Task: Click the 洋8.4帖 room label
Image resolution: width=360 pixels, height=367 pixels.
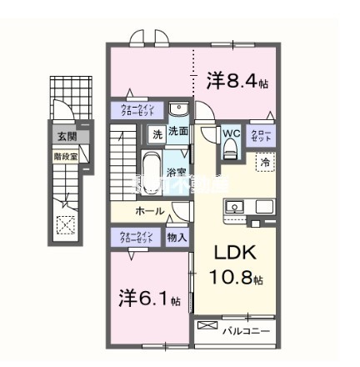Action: coord(237,81)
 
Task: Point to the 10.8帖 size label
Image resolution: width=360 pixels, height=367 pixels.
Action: coord(236,279)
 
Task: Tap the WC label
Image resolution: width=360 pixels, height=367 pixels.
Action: coord(230,133)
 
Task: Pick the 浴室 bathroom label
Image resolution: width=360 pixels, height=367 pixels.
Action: coord(176,173)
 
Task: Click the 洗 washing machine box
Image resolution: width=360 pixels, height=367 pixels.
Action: coord(157,133)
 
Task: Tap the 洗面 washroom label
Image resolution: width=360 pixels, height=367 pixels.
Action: coord(177,132)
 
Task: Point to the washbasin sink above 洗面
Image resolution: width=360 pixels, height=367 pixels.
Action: coord(177,110)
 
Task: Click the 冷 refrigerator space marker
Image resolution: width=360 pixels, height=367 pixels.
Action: coord(264,163)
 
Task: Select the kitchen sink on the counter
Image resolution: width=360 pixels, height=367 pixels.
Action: coord(235,206)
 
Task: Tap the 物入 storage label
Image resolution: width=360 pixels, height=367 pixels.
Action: coord(177,238)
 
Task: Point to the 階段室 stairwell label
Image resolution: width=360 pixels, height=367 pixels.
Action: coord(65,154)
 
